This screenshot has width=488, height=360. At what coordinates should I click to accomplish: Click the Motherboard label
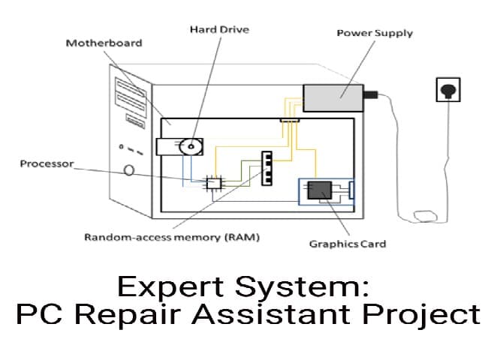[x=104, y=43]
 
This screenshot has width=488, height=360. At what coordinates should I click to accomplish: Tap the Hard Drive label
[x=218, y=29]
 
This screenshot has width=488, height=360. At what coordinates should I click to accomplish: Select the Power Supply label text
[x=375, y=33]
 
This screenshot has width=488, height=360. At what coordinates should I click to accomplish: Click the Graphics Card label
[x=348, y=244]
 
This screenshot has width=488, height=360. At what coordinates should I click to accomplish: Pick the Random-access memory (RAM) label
[x=171, y=238]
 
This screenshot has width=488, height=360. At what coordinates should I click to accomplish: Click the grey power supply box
[x=333, y=97]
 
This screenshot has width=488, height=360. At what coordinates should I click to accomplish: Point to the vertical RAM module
[x=266, y=168]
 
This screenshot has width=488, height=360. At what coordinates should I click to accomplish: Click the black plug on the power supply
[x=371, y=95]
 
